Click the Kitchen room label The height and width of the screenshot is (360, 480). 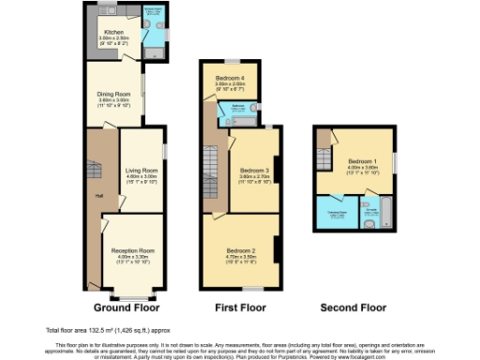112,31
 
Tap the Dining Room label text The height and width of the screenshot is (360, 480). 112,94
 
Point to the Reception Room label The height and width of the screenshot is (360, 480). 132,251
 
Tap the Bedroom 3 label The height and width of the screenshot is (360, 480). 253,171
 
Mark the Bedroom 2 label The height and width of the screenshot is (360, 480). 241,250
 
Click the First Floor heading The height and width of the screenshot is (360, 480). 239,307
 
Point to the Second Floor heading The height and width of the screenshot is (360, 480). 353,307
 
